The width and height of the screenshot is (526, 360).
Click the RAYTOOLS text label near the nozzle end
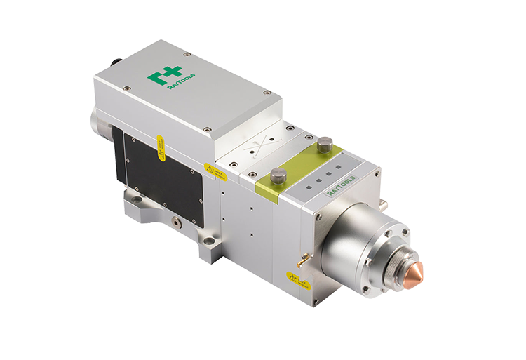346,185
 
